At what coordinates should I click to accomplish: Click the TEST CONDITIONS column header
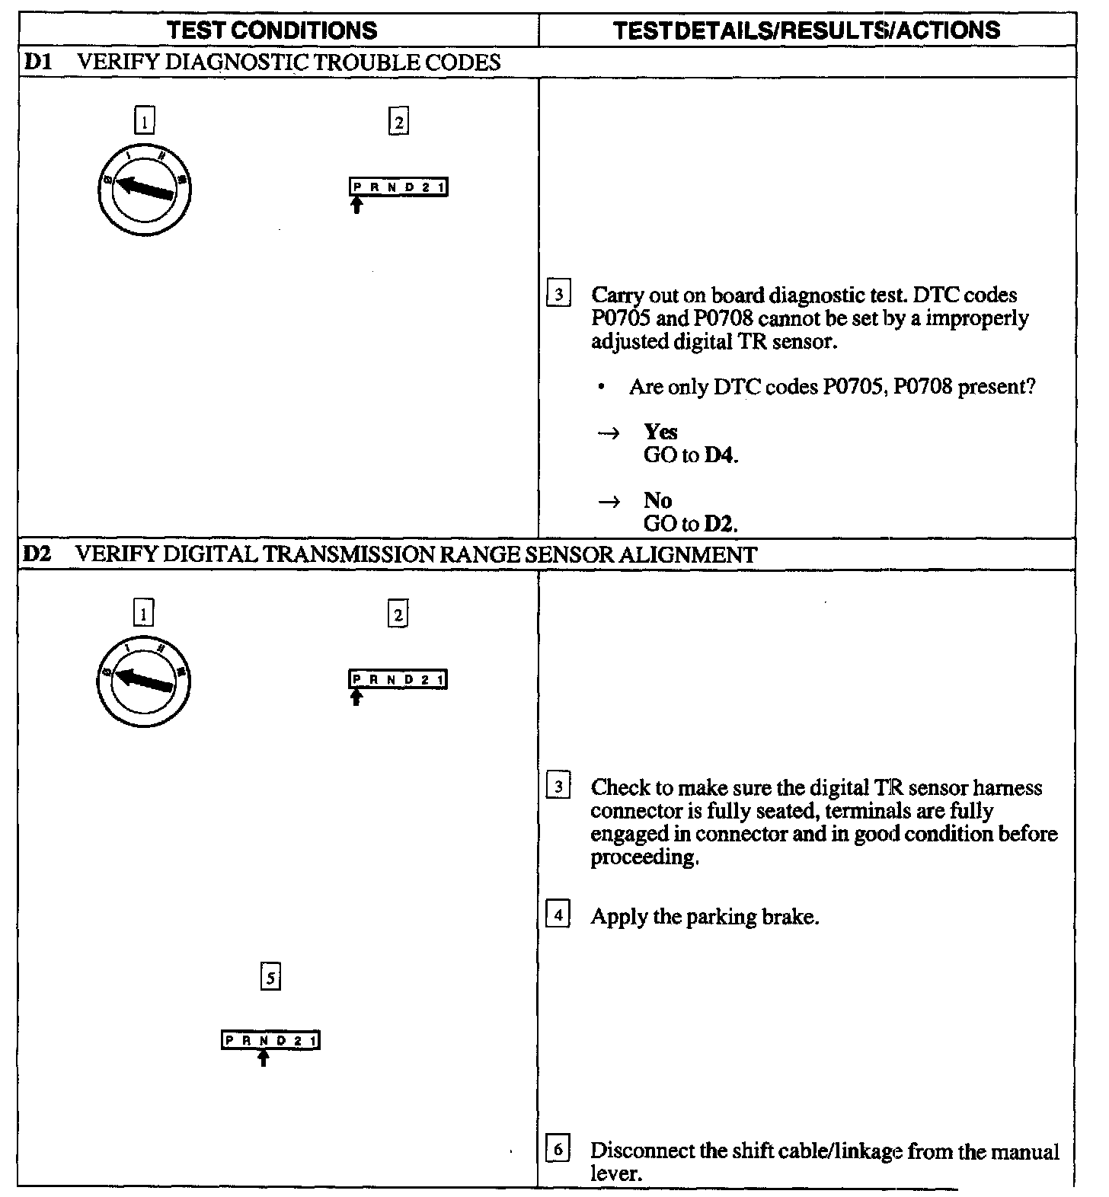click(272, 30)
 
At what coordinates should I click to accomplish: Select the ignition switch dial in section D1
click(145, 190)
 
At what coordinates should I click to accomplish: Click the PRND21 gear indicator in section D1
click(398, 187)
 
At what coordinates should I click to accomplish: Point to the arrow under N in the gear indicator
click(264, 1058)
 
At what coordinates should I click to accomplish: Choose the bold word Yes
click(660, 432)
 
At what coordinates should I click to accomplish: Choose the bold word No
click(657, 500)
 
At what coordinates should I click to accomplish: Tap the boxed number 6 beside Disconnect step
click(558, 1150)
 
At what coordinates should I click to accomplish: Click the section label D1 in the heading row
click(37, 62)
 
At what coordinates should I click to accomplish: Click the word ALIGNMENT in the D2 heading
click(688, 554)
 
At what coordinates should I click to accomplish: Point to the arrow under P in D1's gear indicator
click(356, 205)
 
